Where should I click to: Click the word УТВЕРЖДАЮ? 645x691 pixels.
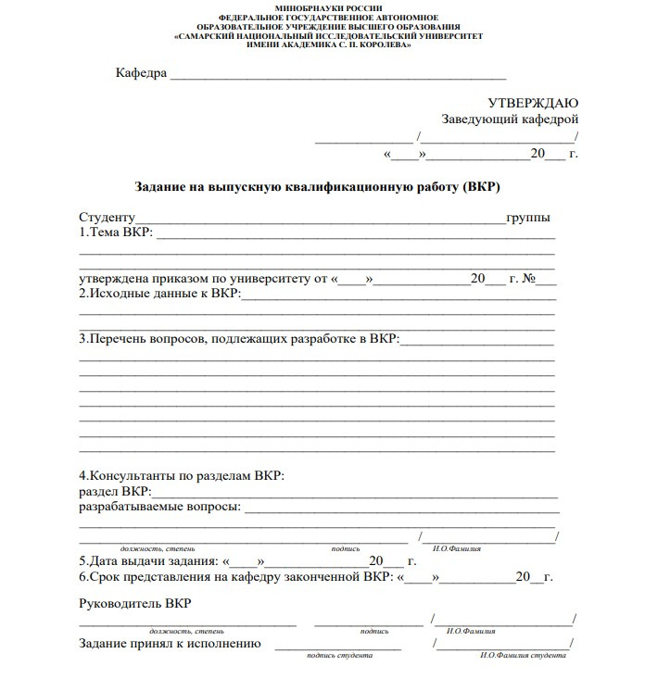point(533,103)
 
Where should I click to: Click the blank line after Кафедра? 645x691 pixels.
point(337,75)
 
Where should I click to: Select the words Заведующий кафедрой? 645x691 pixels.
point(510,120)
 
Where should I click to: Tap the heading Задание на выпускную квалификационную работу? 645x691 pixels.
point(317,186)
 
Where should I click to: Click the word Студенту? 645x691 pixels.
point(107,218)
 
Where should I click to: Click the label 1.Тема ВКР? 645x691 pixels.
point(116,232)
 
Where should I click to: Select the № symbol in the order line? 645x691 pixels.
point(531,278)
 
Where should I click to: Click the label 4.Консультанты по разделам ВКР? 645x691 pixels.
point(182,476)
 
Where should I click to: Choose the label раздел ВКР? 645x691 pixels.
point(114,492)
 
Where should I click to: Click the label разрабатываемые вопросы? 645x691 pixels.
point(159,508)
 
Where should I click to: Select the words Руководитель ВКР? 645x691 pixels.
point(135,604)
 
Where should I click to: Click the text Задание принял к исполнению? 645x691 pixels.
point(170,644)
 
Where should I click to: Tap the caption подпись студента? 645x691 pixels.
point(343,656)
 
